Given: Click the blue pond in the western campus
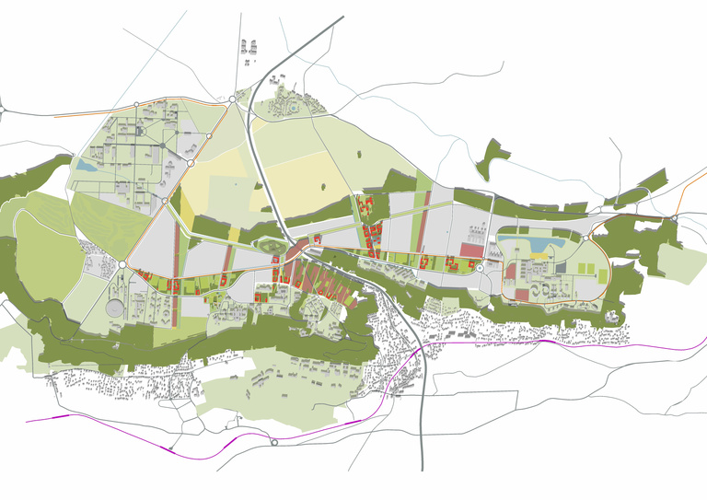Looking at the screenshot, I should (x=86, y=167).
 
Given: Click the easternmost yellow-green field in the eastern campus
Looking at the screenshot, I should (x=603, y=273).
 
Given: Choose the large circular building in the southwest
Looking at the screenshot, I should (x=115, y=307).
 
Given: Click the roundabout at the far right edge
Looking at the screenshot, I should (x=675, y=218).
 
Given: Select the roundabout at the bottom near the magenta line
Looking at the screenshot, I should (x=274, y=443).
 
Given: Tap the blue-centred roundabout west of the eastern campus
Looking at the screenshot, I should (x=480, y=268).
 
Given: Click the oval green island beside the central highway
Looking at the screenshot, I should (x=273, y=246).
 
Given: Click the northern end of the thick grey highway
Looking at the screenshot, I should (x=342, y=17).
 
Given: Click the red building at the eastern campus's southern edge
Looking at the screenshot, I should (x=523, y=294).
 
